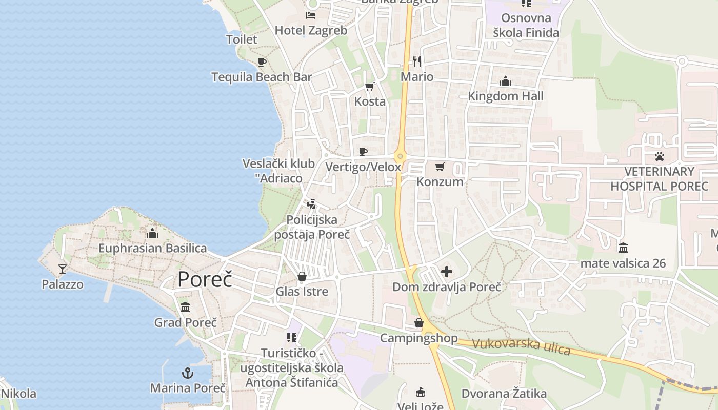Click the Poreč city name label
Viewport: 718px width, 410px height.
coord(205,280)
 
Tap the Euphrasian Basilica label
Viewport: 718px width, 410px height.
coord(152,249)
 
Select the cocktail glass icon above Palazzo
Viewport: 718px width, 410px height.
coord(63,269)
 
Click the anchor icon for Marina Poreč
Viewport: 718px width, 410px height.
coord(188,373)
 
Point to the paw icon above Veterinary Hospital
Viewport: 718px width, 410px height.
coord(659,156)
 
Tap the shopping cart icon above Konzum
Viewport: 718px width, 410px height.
coord(440,167)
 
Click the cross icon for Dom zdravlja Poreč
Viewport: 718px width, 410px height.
coord(447,272)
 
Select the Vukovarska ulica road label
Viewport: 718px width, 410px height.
coord(521,346)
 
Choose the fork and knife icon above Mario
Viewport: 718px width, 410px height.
coord(417,61)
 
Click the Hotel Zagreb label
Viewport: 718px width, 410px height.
coord(311,30)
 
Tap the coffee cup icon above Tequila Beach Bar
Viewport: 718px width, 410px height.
coord(262,63)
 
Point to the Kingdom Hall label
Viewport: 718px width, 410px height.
coord(505,96)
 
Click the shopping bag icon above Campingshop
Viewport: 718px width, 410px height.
coord(419,323)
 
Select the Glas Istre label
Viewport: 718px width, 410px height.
coord(302,292)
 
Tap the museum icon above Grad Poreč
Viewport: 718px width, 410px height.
coord(185,307)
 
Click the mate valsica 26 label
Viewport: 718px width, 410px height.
coord(623,263)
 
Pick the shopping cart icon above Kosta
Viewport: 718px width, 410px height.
coord(369,87)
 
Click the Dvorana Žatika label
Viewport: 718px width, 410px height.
coord(504,394)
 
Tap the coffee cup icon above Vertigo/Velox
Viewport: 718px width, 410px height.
coord(363,152)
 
